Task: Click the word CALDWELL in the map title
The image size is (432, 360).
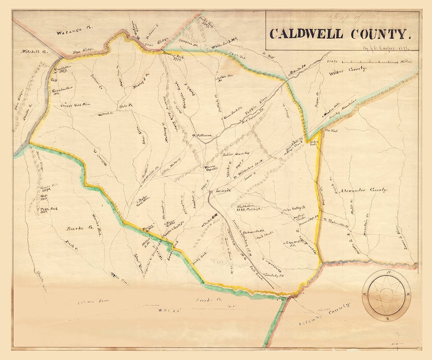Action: [x=305, y=34]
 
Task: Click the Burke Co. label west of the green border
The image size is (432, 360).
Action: [x=73, y=222]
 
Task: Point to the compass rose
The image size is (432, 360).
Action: [x=387, y=295]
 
